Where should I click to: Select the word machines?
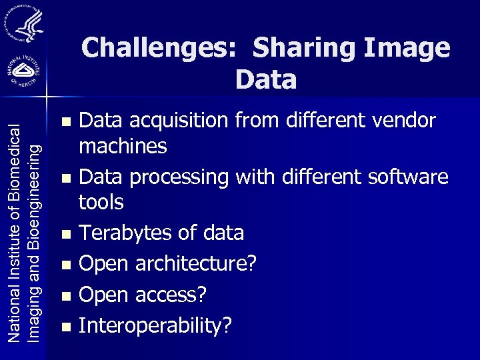coord(123,145)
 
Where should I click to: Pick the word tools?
coord(101,201)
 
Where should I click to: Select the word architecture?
coord(195,264)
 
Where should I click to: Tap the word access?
coord(172,295)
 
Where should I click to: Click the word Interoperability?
coord(155,326)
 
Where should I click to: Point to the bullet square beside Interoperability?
coord(65,327)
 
